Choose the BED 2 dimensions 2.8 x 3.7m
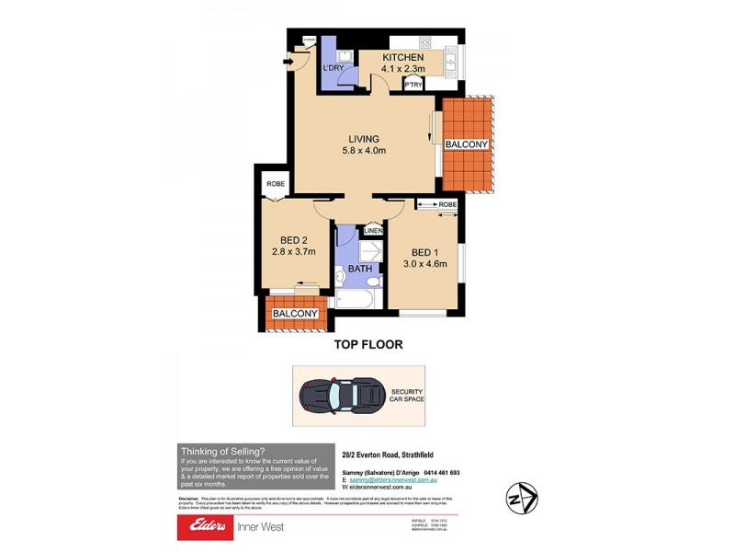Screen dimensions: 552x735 coord(293,251)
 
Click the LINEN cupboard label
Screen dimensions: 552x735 coord(372,230)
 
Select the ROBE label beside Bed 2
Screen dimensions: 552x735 coord(275,184)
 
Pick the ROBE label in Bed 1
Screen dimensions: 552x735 coord(447,204)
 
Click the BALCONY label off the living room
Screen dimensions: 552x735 coord(467,145)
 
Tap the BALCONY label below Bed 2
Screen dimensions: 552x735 coord(295,314)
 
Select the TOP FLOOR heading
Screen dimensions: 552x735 coord(367,344)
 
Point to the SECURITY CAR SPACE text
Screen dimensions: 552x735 coord(405,396)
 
